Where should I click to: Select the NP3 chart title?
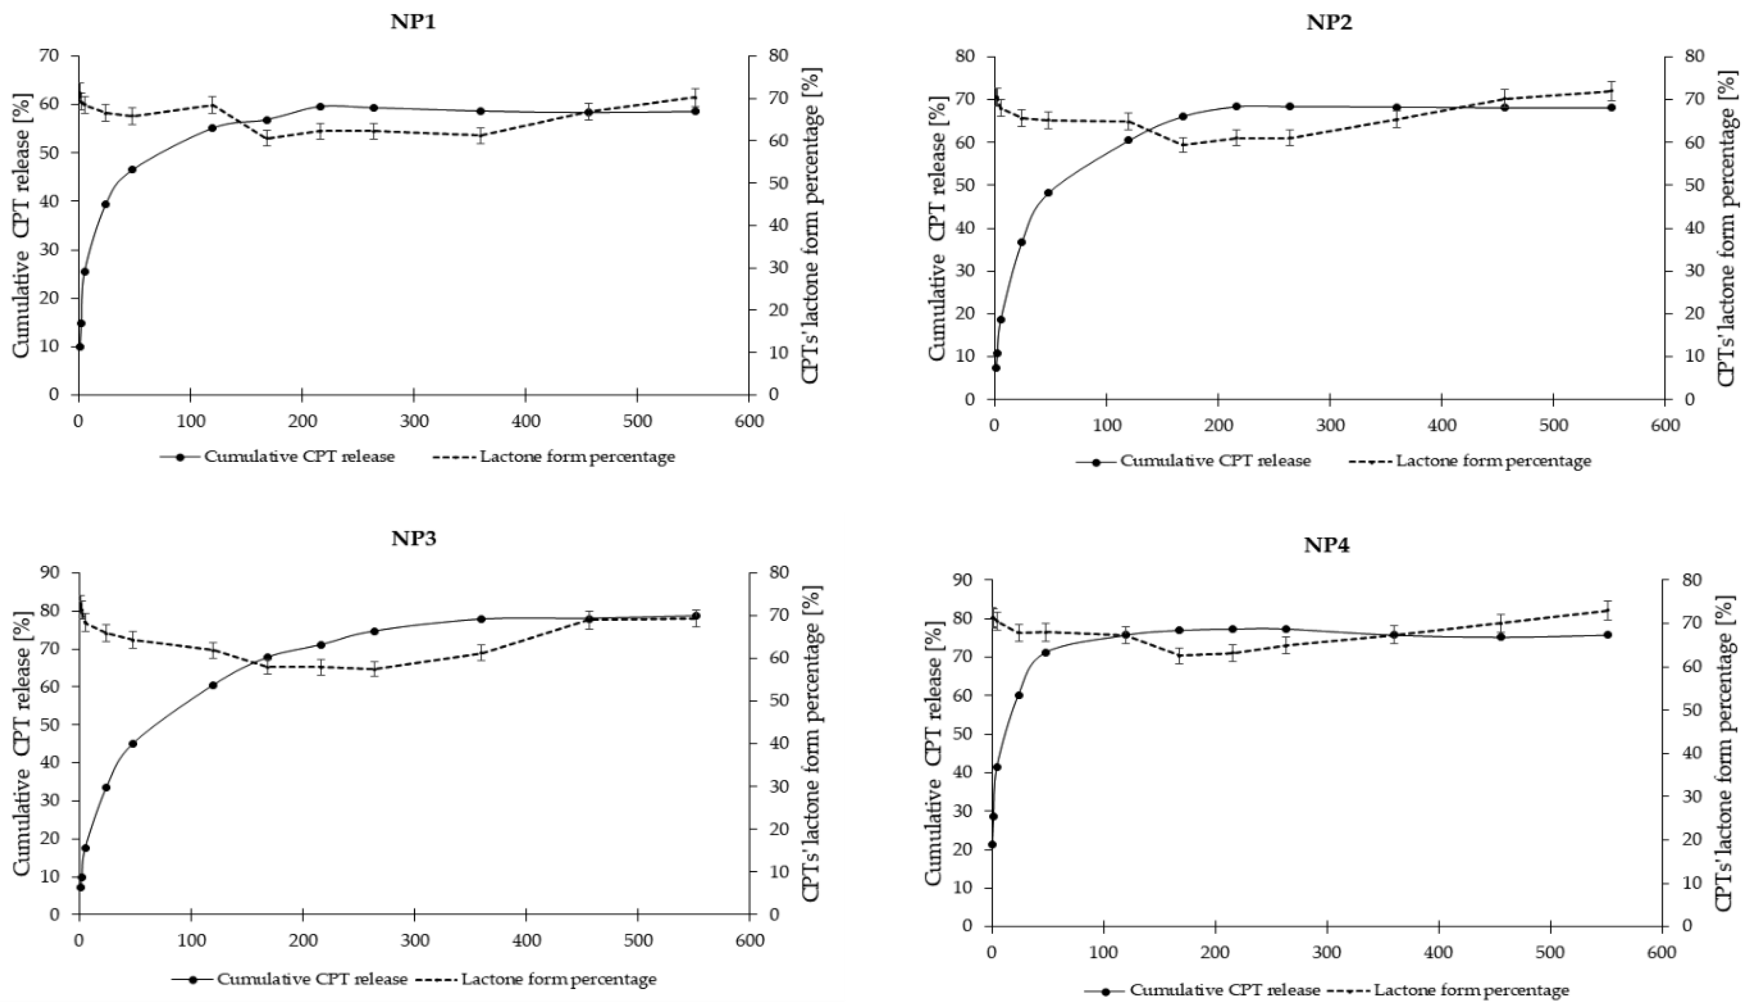(x=413, y=539)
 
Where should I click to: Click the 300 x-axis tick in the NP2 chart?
(x=1330, y=424)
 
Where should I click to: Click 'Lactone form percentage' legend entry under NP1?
(x=577, y=457)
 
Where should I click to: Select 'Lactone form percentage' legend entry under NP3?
(x=558, y=980)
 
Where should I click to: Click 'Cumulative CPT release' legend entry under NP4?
(x=1224, y=991)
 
